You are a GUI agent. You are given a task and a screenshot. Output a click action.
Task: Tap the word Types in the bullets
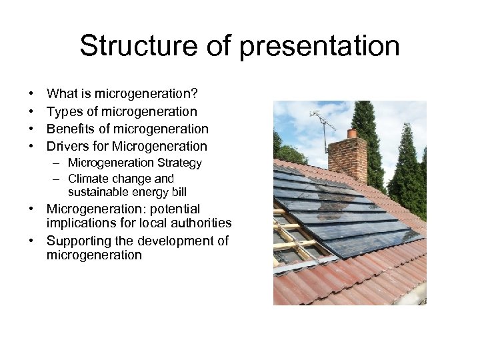coord(64,112)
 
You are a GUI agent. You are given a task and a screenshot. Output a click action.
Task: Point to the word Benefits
coord(72,129)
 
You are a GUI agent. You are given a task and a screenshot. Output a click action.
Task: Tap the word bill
coord(178,192)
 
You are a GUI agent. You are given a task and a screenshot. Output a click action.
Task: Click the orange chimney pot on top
coord(352,133)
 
